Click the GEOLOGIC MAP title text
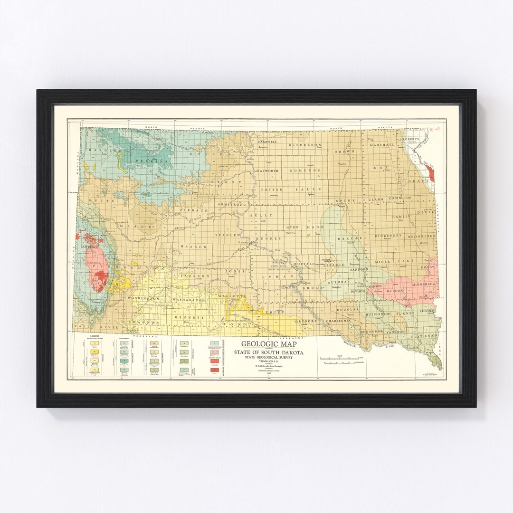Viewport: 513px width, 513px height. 268,344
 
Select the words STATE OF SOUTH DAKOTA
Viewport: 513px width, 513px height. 268,352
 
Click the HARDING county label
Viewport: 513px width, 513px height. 99,151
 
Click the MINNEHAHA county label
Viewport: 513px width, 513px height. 419,284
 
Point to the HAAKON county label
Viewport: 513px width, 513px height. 193,247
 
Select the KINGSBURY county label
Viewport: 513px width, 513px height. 388,235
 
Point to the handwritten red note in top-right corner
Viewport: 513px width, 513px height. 433,129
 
